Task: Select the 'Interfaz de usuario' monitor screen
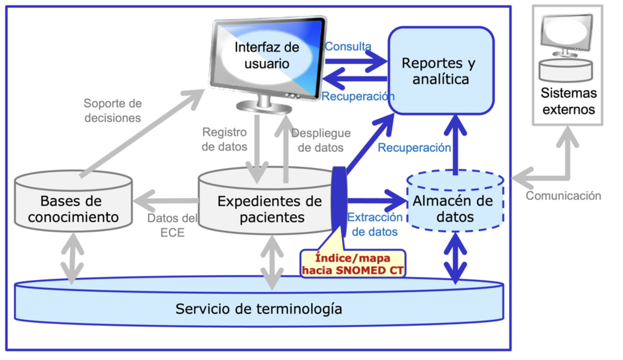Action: click(x=267, y=56)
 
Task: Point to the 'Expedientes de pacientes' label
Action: click(x=270, y=209)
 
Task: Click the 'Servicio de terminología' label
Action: click(x=259, y=309)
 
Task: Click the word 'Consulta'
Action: click(x=348, y=46)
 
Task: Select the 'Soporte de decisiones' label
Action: click(x=112, y=110)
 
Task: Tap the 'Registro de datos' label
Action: click(x=224, y=139)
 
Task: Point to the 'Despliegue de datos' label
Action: click(x=321, y=140)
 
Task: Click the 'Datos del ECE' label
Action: click(x=172, y=225)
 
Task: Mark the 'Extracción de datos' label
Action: click(x=375, y=224)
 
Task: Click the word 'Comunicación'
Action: click(x=563, y=196)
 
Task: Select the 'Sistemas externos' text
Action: click(x=568, y=101)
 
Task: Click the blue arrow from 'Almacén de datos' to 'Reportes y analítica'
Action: click(x=455, y=144)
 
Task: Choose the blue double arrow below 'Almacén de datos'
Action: click(x=455, y=258)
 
